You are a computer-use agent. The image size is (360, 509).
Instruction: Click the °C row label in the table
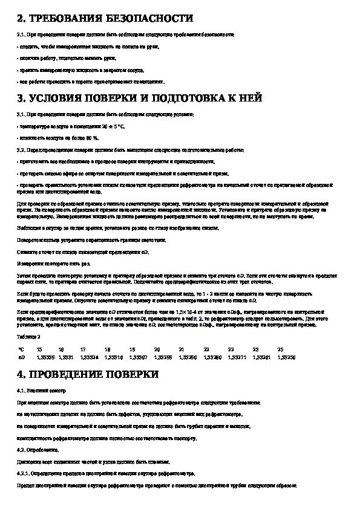(21, 349)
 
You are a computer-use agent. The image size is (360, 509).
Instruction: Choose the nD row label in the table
(21, 357)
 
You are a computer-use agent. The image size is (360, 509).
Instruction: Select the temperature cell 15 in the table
(39, 349)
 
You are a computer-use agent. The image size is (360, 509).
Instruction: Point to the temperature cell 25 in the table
(280, 349)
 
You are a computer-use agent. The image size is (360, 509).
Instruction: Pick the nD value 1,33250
(286, 357)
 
